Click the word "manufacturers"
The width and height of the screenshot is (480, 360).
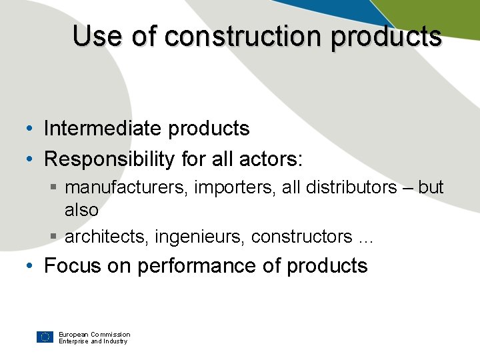127,187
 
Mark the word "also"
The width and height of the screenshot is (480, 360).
81,210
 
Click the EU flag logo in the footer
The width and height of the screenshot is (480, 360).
45,337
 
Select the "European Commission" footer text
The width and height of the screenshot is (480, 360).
94,334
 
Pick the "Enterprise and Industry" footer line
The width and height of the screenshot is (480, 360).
93,341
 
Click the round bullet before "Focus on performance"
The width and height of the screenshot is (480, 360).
31,266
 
